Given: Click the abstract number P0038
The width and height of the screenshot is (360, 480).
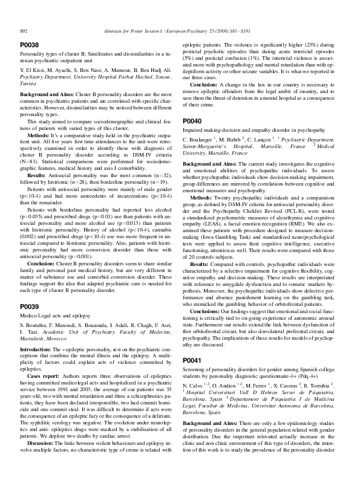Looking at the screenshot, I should pyautogui.click(x=30, y=45).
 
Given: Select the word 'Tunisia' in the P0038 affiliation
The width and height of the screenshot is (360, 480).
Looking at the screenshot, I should pyautogui.click(x=29, y=84).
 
